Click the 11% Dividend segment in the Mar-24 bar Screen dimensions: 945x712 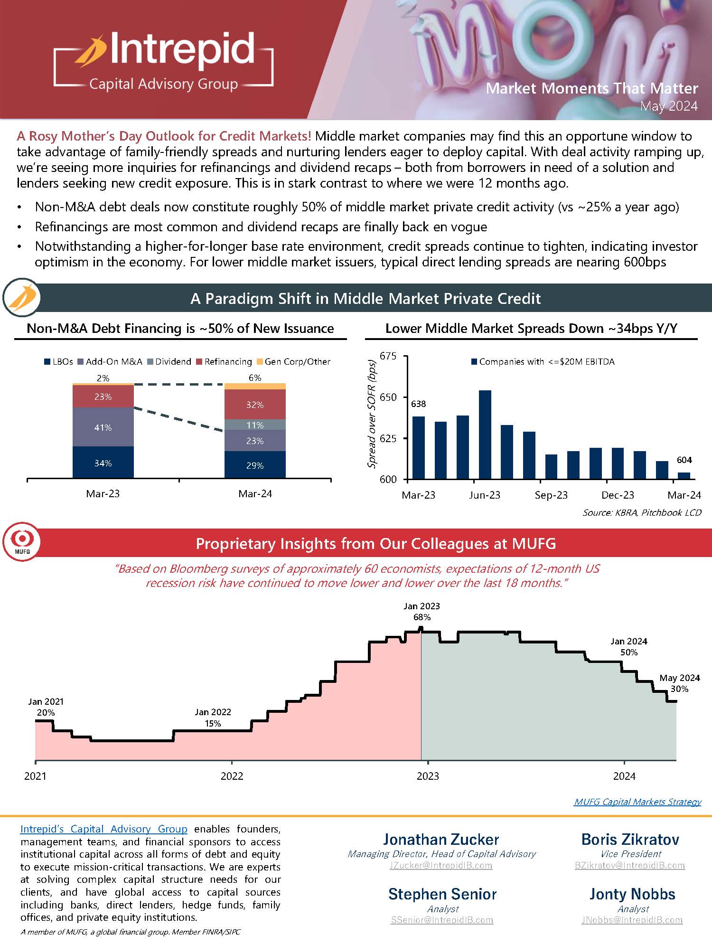pyautogui.click(x=255, y=425)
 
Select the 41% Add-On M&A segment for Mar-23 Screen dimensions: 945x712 pyautogui.click(x=103, y=427)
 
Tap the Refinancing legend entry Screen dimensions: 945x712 pyautogui.click(x=227, y=362)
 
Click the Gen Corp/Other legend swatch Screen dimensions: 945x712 pyautogui.click(x=260, y=362)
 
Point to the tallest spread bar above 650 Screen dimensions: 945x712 pyautogui.click(x=485, y=434)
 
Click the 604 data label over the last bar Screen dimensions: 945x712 pyautogui.click(x=684, y=460)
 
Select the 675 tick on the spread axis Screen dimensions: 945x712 pyautogui.click(x=388, y=356)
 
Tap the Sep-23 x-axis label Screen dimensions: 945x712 pyautogui.click(x=551, y=495)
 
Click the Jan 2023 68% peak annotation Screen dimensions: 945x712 pyautogui.click(x=422, y=612)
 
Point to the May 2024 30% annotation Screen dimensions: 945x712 pyautogui.click(x=679, y=683)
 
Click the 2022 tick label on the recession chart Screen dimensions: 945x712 pyautogui.click(x=232, y=776)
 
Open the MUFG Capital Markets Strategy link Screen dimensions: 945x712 pyautogui.click(x=637, y=802)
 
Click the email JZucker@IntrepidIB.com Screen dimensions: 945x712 pyautogui.click(x=441, y=865)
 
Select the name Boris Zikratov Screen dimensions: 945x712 pyautogui.click(x=630, y=840)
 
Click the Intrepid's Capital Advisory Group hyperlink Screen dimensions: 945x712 pyautogui.click(x=104, y=829)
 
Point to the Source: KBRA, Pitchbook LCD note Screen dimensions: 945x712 pyautogui.click(x=642, y=512)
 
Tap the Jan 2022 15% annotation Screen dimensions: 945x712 pyautogui.click(x=213, y=718)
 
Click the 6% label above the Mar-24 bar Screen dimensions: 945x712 pyautogui.click(x=255, y=378)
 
